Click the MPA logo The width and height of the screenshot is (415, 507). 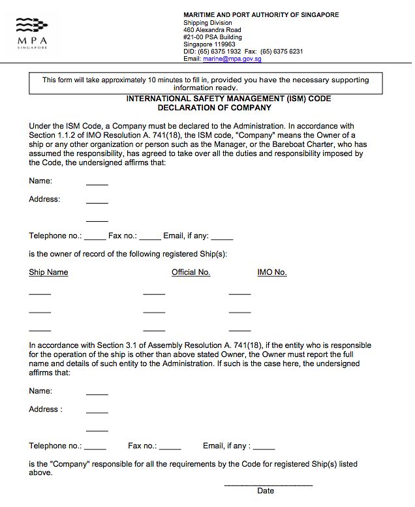point(31,33)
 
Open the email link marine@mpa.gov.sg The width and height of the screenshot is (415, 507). point(232,59)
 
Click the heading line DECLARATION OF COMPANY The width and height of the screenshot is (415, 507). point(214,108)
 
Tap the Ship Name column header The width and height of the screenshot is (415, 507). point(48,272)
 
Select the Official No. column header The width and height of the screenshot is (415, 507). point(191,272)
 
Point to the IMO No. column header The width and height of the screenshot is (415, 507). point(272,272)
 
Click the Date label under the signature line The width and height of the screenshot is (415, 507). point(266,491)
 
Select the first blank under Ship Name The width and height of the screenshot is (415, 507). point(40,294)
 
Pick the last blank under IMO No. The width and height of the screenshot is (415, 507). point(239,330)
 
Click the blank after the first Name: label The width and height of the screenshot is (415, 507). point(97,185)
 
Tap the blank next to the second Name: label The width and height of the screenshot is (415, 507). point(97,394)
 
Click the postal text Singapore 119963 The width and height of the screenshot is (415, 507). point(209,44)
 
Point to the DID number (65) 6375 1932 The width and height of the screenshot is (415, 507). point(220,52)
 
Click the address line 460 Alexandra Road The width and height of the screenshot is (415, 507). point(212,30)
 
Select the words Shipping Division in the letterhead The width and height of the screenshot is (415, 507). point(207,23)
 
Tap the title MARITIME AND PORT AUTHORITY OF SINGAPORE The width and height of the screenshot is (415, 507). point(261,15)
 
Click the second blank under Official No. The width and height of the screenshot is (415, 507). point(154,313)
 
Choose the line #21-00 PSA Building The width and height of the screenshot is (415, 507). point(213,37)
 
